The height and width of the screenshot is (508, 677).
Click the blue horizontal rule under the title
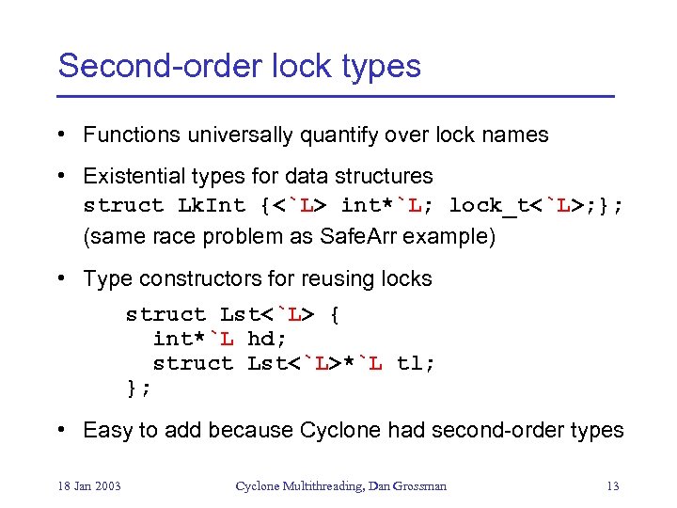[x=336, y=97]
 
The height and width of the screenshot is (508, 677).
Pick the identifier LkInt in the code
[x=212, y=205]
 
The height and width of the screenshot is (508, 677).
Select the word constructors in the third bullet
[x=196, y=278]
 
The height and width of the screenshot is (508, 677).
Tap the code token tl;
[x=416, y=363]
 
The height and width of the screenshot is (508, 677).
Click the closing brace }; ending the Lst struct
[x=139, y=387]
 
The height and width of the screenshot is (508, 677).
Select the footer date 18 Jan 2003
[x=89, y=485]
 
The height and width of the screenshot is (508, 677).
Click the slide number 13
[x=612, y=485]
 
